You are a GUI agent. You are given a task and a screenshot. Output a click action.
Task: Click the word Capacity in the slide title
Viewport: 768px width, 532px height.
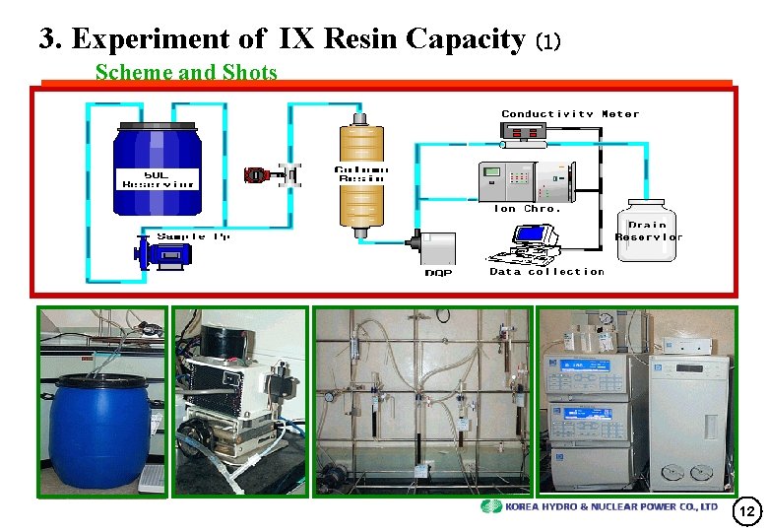click(463, 38)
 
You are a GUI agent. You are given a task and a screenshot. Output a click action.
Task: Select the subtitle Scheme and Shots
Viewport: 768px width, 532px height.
click(185, 72)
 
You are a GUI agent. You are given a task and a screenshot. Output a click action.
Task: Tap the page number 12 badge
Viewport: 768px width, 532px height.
click(746, 511)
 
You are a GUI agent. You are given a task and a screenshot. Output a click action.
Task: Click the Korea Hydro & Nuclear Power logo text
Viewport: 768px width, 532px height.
click(611, 506)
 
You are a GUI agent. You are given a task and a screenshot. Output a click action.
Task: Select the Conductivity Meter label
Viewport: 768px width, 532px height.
click(570, 114)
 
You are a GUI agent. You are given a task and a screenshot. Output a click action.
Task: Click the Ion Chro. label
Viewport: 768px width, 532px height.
click(527, 209)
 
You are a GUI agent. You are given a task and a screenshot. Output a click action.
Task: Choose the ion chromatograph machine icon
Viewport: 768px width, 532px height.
click(520, 180)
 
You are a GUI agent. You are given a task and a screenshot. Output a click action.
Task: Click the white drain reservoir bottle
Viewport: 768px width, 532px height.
click(647, 230)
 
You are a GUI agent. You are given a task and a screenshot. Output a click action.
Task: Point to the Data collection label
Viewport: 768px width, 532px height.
click(546, 272)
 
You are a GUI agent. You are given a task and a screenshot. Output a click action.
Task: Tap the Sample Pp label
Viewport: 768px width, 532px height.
click(194, 236)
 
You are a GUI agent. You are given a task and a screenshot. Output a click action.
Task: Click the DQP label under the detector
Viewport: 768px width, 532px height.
click(438, 273)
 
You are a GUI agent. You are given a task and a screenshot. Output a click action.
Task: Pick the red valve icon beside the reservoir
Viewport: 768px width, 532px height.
click(257, 174)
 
